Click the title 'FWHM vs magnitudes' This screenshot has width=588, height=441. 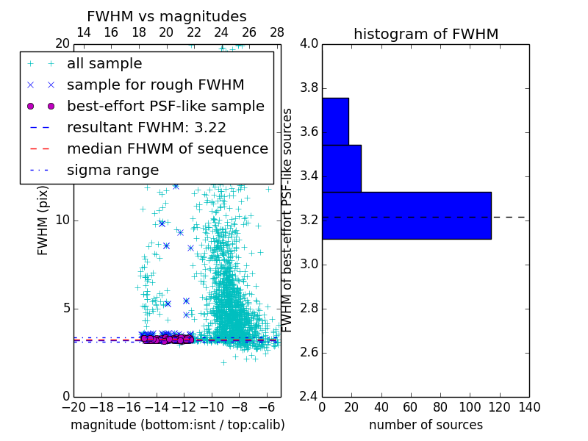point(167,16)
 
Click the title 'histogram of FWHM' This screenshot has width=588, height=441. point(426,34)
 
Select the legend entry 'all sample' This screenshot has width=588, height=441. point(104,64)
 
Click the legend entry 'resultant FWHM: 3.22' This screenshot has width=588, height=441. point(146,127)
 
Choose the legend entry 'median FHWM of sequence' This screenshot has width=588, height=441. point(168,148)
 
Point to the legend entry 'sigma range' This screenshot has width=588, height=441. point(112,170)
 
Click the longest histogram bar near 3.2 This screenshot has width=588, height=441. point(406,215)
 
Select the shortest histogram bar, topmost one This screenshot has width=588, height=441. point(335,121)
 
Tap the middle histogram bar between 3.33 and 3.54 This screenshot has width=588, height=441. point(341,168)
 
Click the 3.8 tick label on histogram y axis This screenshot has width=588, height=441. point(309,88)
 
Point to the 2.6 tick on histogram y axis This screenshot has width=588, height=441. point(309,353)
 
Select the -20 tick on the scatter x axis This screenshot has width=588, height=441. point(73,407)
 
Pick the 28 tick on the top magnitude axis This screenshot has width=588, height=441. point(277,33)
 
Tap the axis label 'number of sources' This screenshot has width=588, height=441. point(426,425)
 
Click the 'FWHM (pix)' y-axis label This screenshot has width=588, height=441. point(43,220)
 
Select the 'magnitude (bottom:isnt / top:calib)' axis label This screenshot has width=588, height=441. point(177,425)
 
